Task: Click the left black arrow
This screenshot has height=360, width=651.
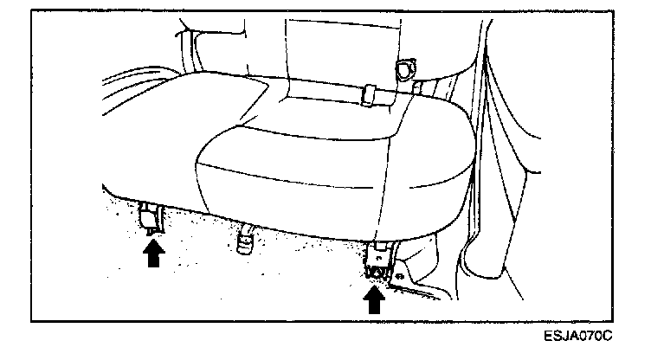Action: click(x=153, y=254)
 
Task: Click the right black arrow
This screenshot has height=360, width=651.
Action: click(x=374, y=299)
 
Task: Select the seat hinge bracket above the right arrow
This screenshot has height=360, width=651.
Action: click(x=377, y=259)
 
